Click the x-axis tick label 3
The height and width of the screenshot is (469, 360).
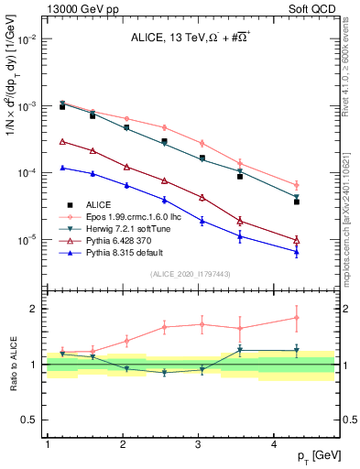click(199, 444)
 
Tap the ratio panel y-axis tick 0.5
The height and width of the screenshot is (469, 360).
click(33, 420)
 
